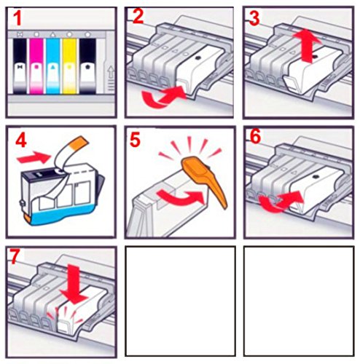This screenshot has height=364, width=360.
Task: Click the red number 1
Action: pyautogui.click(x=17, y=19)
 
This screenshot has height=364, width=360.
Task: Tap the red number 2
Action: pyautogui.click(x=138, y=17)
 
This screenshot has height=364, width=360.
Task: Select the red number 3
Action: pyautogui.click(x=254, y=18)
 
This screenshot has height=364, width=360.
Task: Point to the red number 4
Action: pyautogui.click(x=21, y=141)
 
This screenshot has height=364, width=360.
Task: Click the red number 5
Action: pyautogui.click(x=135, y=140)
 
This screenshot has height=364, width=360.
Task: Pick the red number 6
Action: pyautogui.click(x=255, y=137)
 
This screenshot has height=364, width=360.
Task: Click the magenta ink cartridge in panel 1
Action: pyautogui.click(x=36, y=66)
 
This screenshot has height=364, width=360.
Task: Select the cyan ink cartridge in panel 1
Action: pyautogui.click(x=52, y=66)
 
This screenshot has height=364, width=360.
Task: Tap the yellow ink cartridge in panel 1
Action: pyautogui.click(x=69, y=66)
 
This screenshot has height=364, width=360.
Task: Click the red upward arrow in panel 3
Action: pyautogui.click(x=308, y=47)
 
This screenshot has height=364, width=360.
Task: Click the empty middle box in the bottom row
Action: pyautogui.click(x=180, y=301)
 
